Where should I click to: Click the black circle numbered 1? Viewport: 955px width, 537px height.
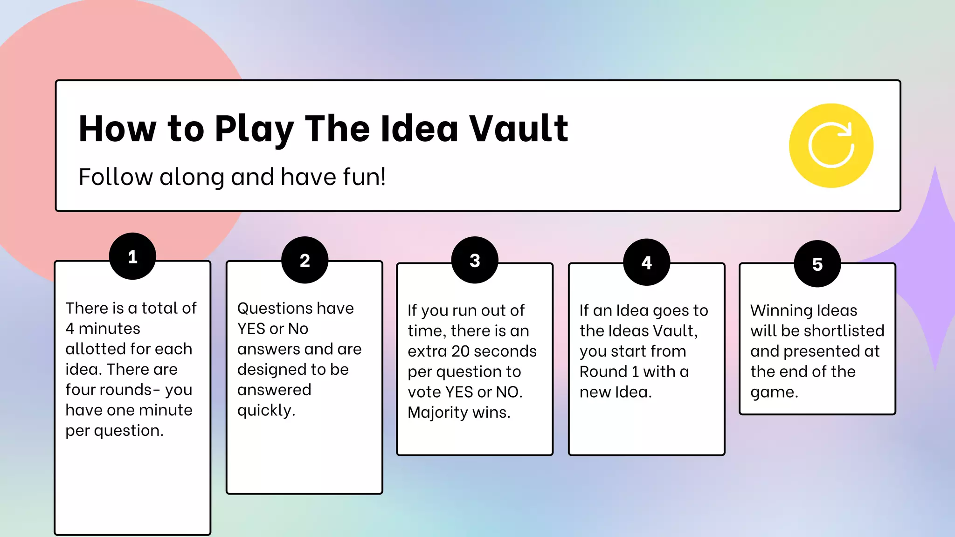click(x=132, y=256)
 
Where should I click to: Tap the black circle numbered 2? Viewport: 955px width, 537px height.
click(x=304, y=260)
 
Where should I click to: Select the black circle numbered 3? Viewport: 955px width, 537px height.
click(x=475, y=260)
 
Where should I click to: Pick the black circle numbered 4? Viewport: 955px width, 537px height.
click(x=646, y=262)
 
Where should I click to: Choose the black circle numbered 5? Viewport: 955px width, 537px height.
click(x=817, y=264)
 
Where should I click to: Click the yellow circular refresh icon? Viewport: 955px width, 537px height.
click(x=831, y=145)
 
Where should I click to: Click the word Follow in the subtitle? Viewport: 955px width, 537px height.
click(x=116, y=177)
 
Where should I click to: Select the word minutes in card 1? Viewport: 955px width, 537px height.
click(x=109, y=329)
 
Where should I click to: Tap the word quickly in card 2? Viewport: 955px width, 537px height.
click(x=266, y=411)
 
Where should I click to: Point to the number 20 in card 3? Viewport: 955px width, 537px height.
click(x=461, y=351)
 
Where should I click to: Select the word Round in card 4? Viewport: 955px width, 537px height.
click(x=603, y=372)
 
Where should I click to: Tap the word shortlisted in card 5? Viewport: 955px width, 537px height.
click(x=844, y=331)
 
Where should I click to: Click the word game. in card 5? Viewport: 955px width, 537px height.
click(x=774, y=392)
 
